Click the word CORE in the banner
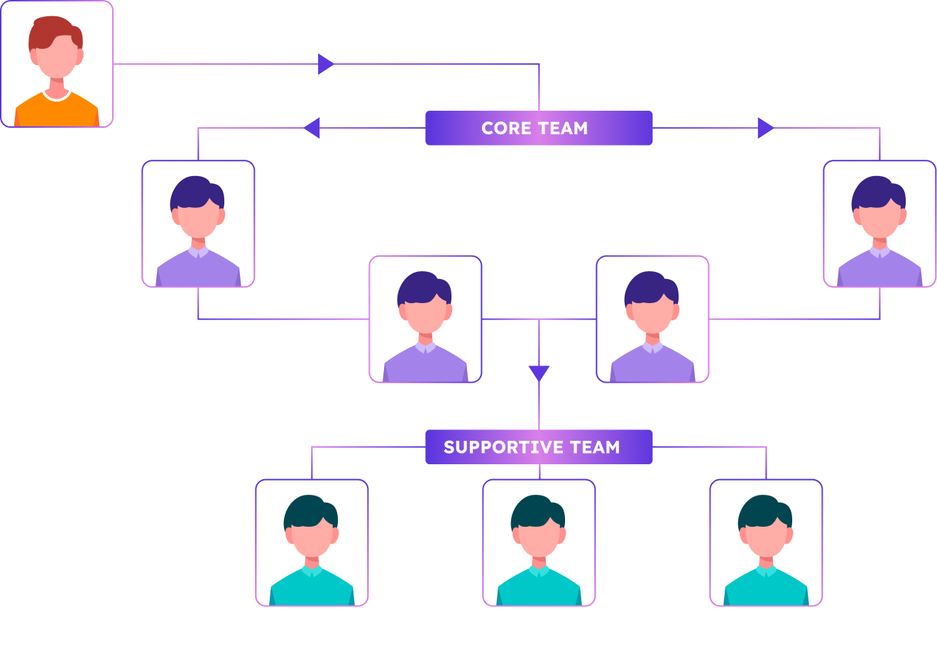pyautogui.click(x=505, y=128)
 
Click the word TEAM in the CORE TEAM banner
pyautogui.click(x=564, y=128)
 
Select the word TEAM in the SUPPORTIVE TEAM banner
pyautogui.click(x=596, y=447)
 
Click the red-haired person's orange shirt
pyautogui.click(x=57, y=112)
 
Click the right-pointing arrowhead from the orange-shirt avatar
pyautogui.click(x=326, y=64)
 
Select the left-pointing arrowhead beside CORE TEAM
pyautogui.click(x=312, y=128)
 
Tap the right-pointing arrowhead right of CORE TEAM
pyautogui.click(x=765, y=128)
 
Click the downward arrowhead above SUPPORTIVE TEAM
pyautogui.click(x=539, y=373)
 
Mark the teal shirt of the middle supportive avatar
pyautogui.click(x=539, y=590)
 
